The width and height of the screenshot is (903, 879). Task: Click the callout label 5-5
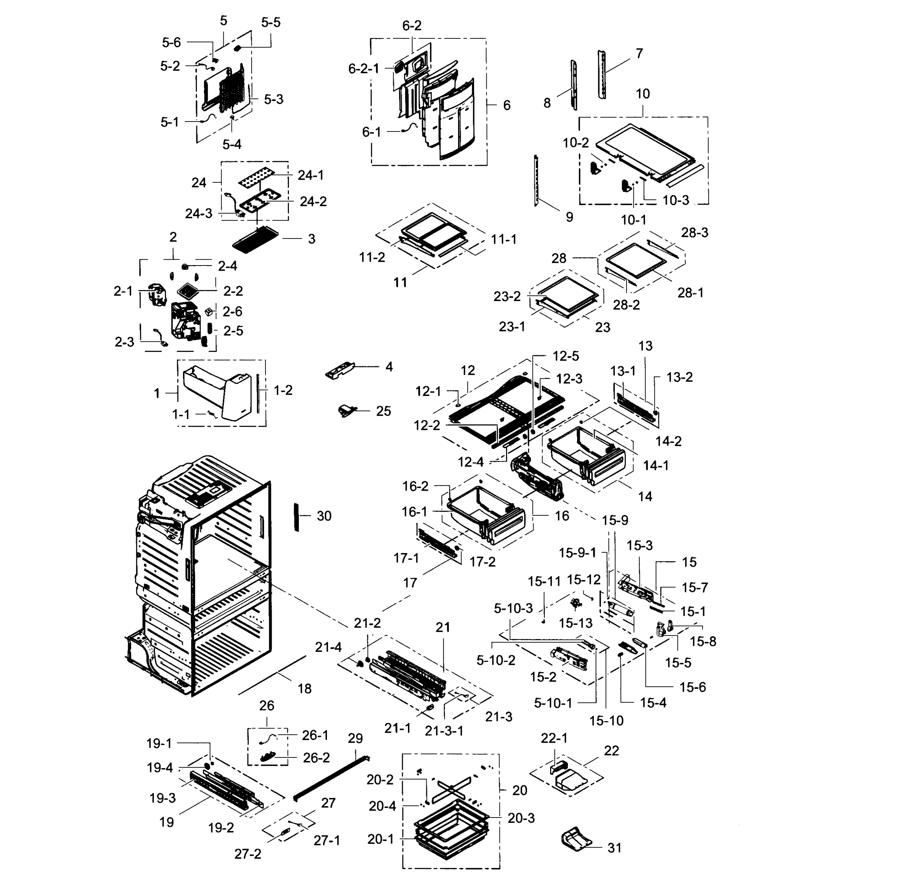[x=271, y=22]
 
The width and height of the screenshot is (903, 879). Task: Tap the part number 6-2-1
[x=363, y=69]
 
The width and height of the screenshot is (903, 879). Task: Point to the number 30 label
[x=324, y=516]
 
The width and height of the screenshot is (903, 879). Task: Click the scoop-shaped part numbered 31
[x=576, y=838]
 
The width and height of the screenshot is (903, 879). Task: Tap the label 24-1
[x=310, y=175]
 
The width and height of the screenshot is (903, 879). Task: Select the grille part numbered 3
[x=256, y=240]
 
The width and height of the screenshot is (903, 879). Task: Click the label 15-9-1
[x=577, y=552]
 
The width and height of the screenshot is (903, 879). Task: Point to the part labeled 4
[x=340, y=370]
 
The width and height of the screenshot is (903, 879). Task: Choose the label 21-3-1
[x=444, y=730]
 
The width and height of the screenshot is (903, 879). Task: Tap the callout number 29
[x=355, y=738]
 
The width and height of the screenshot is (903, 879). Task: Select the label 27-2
[x=248, y=854]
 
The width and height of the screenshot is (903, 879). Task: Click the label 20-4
[x=382, y=806]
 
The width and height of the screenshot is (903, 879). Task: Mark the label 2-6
[x=232, y=311]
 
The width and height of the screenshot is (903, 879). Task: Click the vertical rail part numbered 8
[x=574, y=85]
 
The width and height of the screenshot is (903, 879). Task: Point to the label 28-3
[x=694, y=232]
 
